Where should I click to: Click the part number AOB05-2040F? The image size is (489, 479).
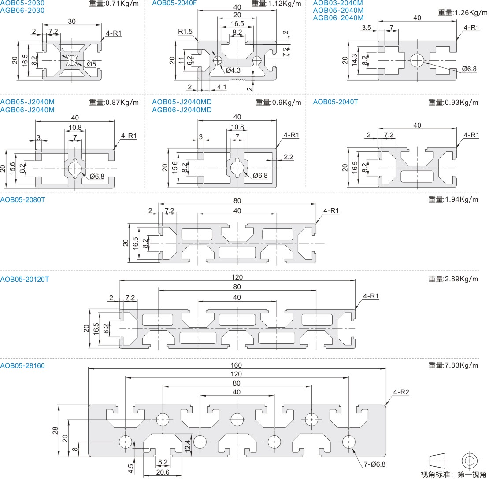tap(174, 3)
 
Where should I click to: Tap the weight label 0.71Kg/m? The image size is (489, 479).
tap(114, 4)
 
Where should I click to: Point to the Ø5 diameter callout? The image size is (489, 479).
tap(91, 64)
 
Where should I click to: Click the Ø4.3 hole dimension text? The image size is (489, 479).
tap(233, 70)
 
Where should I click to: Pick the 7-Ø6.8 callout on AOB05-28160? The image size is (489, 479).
tap(374, 464)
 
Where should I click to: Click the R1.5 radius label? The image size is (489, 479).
tap(185, 32)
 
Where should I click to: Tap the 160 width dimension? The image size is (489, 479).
tap(237, 365)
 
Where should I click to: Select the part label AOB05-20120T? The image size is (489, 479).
tap(25, 279)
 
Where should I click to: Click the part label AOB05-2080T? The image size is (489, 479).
tap(22, 199)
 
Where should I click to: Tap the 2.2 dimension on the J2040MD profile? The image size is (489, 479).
tap(289, 157)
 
